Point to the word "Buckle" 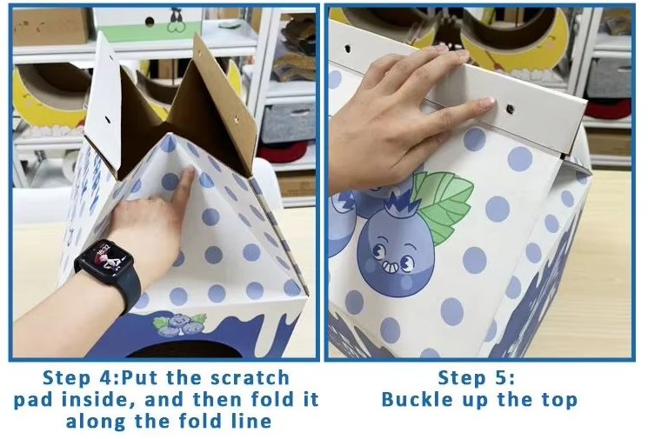point(411,399)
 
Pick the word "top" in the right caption point(561,401)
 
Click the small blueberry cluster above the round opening point(180,323)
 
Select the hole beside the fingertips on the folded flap point(511,109)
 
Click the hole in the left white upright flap point(107,120)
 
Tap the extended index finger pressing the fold point(186,183)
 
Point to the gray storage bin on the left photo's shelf point(289,123)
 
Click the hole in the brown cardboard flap point(236,120)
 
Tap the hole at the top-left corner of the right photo point(348,49)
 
